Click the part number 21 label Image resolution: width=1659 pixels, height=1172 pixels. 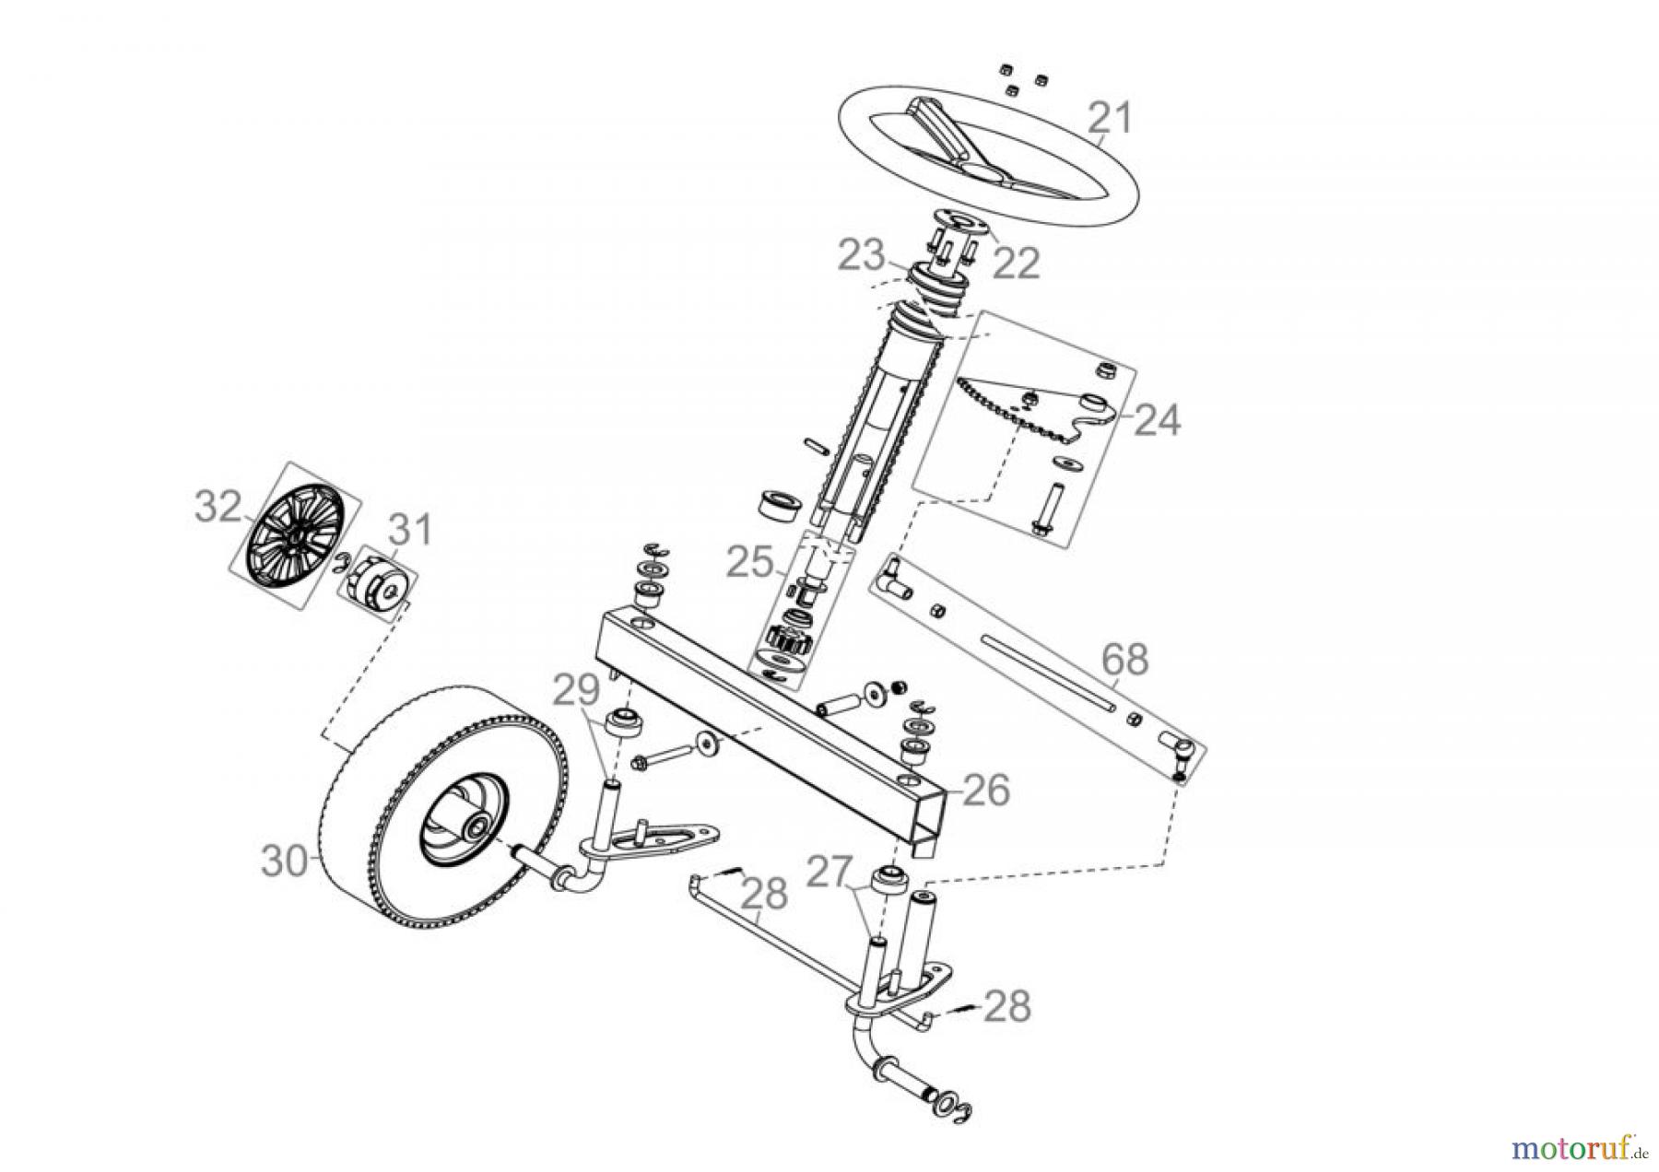click(1109, 120)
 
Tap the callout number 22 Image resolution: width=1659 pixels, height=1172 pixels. click(1015, 264)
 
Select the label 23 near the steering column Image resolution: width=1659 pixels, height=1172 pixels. click(862, 255)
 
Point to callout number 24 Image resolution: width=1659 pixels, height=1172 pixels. click(1156, 420)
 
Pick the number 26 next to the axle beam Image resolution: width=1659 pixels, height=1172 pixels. click(985, 791)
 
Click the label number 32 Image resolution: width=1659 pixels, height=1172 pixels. click(218, 507)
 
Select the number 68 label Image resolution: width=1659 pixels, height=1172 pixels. click(1124, 660)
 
